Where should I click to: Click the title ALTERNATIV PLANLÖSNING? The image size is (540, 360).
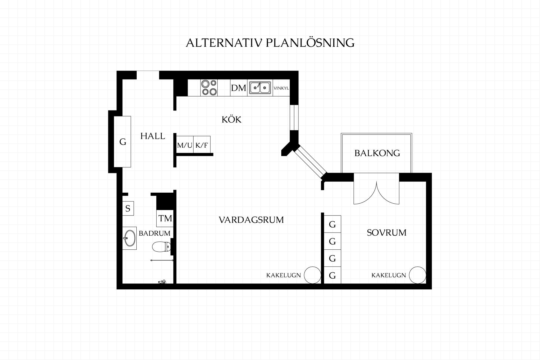[x=270, y=43]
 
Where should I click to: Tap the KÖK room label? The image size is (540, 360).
[x=231, y=119]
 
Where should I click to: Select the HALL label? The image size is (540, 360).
[x=153, y=136]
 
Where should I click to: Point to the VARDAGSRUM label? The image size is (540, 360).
[x=251, y=220]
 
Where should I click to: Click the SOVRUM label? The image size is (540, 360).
[x=387, y=233]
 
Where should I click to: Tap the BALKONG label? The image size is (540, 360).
[x=377, y=153]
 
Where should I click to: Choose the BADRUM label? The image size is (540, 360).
[x=155, y=233]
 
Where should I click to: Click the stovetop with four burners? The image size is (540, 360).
[x=209, y=88]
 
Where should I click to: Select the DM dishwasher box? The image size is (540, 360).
[x=239, y=88]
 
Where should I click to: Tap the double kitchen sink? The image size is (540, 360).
[x=260, y=87]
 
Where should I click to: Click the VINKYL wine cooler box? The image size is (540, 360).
[x=281, y=88]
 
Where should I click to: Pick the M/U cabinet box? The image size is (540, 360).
[x=185, y=145]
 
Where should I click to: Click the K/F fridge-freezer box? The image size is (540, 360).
[x=202, y=145]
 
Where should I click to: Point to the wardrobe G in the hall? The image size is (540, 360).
[x=122, y=141]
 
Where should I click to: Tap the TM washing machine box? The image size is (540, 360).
[x=165, y=218]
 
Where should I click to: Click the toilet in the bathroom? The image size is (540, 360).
[x=161, y=247]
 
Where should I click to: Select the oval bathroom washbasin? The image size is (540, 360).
[x=129, y=238]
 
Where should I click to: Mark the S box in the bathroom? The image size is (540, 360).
[x=128, y=208]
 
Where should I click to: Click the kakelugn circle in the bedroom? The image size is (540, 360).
[x=418, y=275]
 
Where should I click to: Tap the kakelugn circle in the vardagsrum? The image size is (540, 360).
[x=312, y=275]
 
